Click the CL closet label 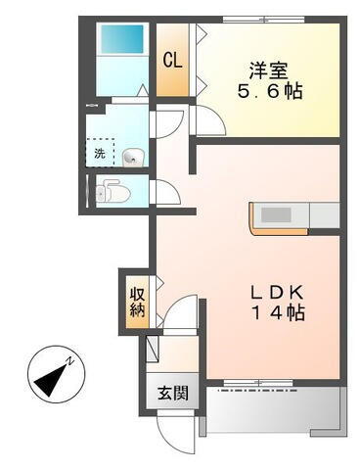coord(172,58)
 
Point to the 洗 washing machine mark coord(101,154)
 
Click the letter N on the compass coord(71,362)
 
